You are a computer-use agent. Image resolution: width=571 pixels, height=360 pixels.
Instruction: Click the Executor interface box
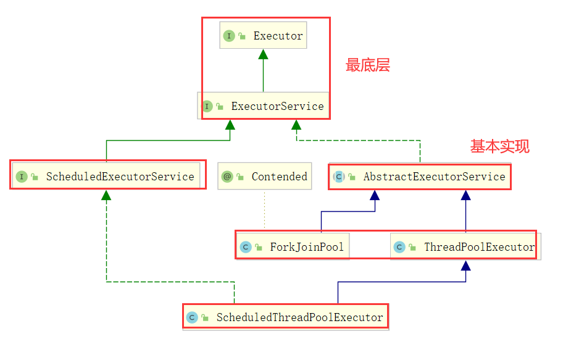click(264, 36)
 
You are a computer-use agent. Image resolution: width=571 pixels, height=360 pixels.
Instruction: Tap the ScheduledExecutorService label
click(120, 177)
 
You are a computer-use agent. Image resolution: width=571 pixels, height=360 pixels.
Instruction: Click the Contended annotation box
click(264, 177)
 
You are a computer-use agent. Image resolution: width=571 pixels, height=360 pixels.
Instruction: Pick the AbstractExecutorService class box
click(420, 177)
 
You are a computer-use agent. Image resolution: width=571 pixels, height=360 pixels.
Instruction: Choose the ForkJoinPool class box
click(293, 247)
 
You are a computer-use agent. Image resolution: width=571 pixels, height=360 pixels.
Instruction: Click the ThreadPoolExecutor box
click(464, 247)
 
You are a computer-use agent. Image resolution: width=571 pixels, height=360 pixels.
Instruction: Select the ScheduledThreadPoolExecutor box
click(286, 317)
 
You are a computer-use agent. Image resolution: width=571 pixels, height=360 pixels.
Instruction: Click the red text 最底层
click(368, 65)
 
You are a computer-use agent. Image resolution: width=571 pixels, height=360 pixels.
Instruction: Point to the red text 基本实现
click(499, 146)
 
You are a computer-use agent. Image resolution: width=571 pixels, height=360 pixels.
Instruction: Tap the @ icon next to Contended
click(227, 177)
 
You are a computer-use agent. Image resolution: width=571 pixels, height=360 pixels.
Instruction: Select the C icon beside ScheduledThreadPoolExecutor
click(192, 317)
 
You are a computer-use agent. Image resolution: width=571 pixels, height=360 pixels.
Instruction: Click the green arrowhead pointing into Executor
click(264, 54)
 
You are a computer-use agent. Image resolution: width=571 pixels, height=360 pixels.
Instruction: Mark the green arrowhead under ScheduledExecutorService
click(106, 195)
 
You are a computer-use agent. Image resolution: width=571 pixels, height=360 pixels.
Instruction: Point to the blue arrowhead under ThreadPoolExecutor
click(466, 266)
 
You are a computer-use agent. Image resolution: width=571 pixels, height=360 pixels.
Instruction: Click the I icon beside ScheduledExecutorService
click(22, 177)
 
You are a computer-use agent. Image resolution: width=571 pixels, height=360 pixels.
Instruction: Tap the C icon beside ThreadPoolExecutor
click(399, 247)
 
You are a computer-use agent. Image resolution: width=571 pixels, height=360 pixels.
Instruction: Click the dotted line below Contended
click(264, 210)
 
